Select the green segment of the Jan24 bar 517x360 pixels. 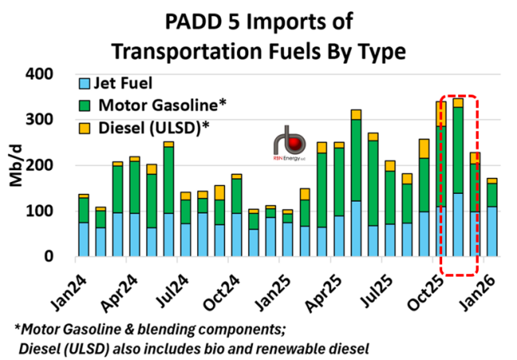tap(84, 210)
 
